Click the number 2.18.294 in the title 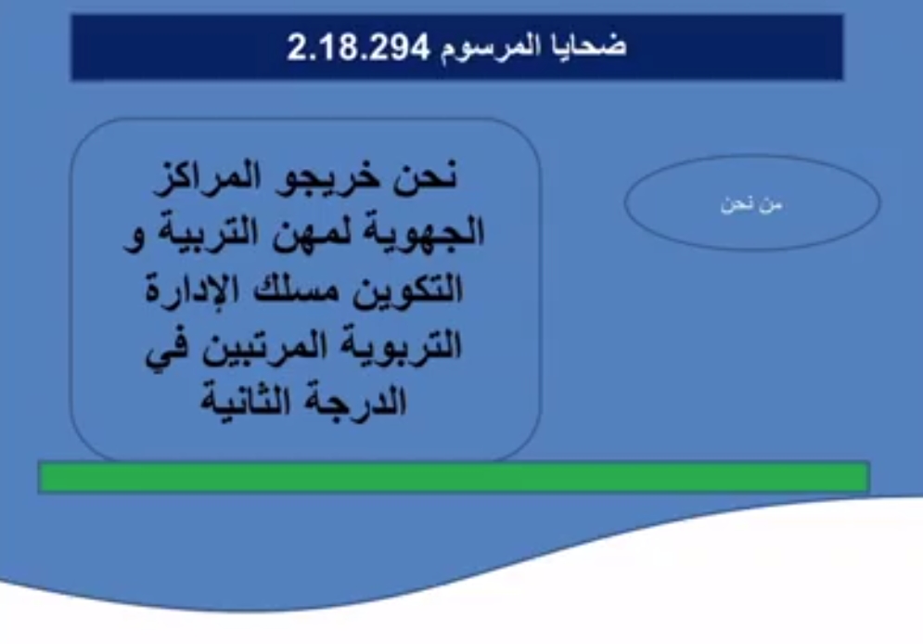358,47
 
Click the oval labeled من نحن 752,202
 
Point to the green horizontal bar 454,477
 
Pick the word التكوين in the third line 408,290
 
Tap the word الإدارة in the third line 192,289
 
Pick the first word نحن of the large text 425,176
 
